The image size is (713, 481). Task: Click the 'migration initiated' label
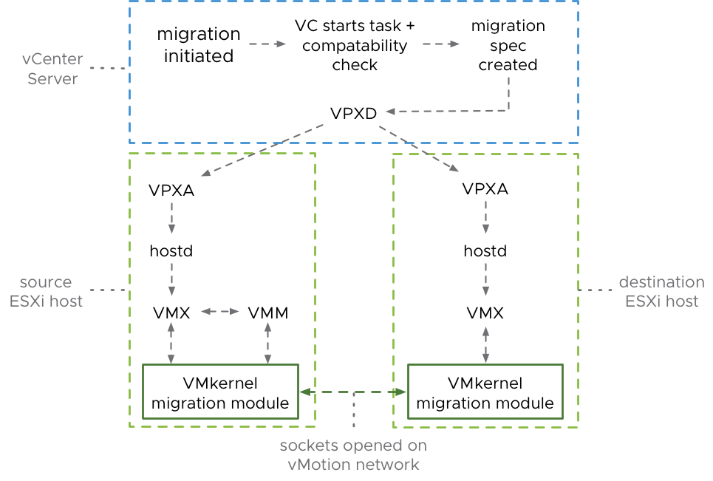(x=199, y=45)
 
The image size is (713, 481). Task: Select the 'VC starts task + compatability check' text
(x=355, y=46)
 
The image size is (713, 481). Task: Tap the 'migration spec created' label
(x=508, y=46)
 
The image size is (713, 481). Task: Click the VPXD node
(x=353, y=114)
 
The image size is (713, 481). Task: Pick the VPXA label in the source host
(x=171, y=189)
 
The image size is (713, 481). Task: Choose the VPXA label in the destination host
(x=485, y=188)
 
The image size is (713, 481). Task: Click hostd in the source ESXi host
(x=171, y=251)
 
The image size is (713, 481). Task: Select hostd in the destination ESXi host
(x=485, y=251)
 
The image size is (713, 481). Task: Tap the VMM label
(x=267, y=313)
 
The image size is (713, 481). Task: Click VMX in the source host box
(x=171, y=313)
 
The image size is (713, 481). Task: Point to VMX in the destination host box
(x=485, y=313)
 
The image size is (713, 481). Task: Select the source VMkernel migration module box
(x=219, y=392)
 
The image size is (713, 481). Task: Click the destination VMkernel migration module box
(x=485, y=392)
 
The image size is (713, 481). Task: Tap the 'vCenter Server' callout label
(x=52, y=69)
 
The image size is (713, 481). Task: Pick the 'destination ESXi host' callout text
(x=661, y=291)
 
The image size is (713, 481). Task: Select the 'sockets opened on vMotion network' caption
(x=353, y=455)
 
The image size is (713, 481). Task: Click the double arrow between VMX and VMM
(x=219, y=313)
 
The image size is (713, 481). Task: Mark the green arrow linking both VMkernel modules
(x=353, y=392)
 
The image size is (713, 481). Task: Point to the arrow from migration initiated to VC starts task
(x=267, y=44)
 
